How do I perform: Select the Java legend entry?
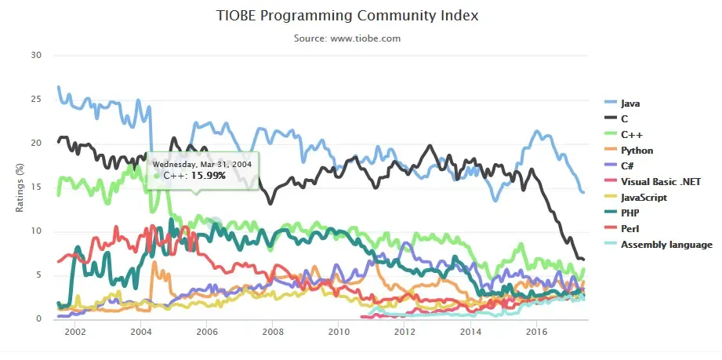631,103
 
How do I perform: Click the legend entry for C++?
632,134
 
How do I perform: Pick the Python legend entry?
637,150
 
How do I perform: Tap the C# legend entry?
629,165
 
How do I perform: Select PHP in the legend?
630,213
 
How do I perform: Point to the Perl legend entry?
630,228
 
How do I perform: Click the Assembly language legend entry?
666,244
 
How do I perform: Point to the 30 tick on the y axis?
35,55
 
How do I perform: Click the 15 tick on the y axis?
35,187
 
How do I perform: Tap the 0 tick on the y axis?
38,318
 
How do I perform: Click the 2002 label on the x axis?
75,333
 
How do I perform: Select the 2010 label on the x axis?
338,333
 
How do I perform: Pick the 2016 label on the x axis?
535,333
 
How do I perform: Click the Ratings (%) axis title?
21,187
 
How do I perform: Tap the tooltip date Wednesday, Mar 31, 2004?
201,164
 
